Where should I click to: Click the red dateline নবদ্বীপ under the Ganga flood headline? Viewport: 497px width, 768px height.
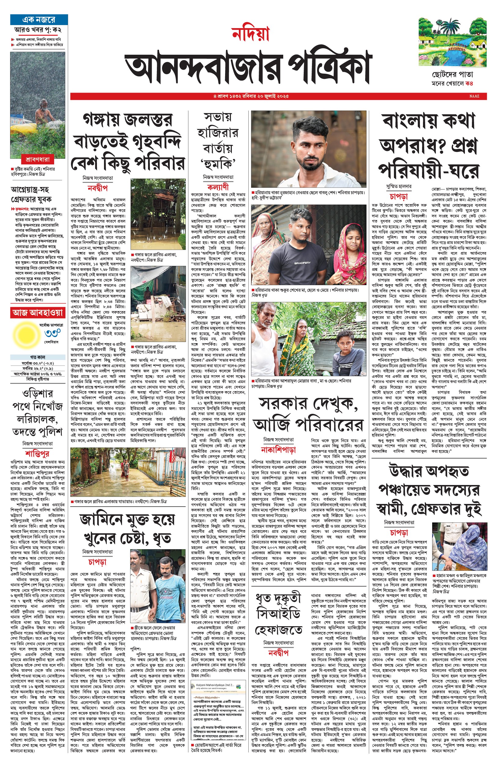pyautogui.click(x=98, y=188)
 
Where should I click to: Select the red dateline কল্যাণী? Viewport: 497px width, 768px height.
pyautogui.click(x=217, y=187)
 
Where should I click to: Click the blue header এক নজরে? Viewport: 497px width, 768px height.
pyautogui.click(x=39, y=20)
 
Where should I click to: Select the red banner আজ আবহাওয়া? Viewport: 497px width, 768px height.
pyautogui.click(x=37, y=312)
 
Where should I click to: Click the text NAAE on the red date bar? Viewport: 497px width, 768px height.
pyautogui.click(x=474, y=96)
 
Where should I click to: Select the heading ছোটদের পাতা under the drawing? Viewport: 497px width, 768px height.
pyautogui.click(x=452, y=75)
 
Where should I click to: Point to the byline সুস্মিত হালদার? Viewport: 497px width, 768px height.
pyautogui.click(x=399, y=186)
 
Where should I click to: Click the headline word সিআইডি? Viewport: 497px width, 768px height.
pyautogui.click(x=278, y=614)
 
